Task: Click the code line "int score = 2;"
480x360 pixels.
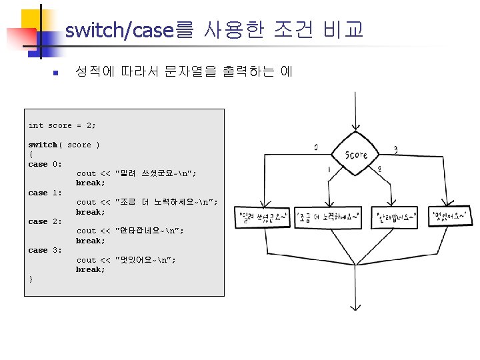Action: (x=62, y=125)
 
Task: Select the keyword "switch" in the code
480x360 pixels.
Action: (x=43, y=145)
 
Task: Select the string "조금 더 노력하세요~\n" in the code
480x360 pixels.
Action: (x=167, y=202)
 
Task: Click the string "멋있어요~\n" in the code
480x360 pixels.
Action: (x=146, y=260)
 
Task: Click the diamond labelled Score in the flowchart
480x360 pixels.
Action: (x=356, y=155)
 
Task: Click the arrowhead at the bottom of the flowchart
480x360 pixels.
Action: (x=356, y=306)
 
